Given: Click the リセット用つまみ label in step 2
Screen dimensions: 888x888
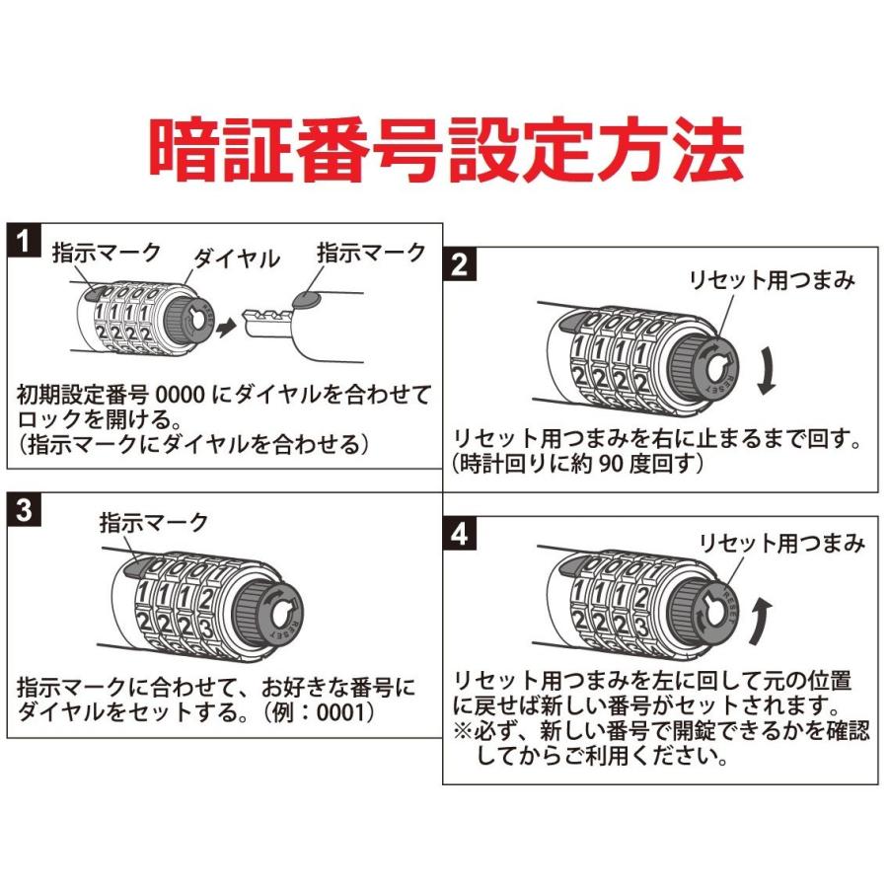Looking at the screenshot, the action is pyautogui.click(x=770, y=280).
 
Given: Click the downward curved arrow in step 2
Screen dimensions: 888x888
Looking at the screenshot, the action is pyautogui.click(x=768, y=373).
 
